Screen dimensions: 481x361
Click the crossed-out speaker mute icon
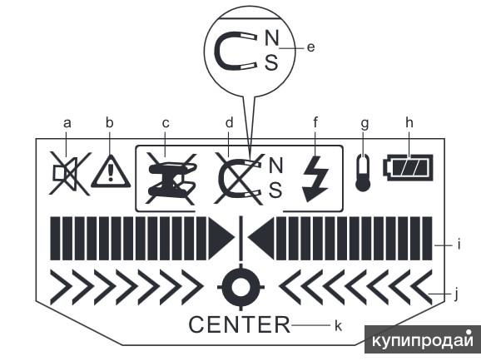click(x=69, y=173)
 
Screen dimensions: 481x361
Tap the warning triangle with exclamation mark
click(x=111, y=171)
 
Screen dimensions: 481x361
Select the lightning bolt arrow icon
click(x=315, y=180)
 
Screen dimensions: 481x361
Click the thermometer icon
click(x=363, y=173)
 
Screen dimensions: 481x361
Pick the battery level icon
click(x=408, y=168)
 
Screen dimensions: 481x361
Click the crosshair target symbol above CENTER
click(x=240, y=287)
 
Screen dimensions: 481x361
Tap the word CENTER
click(x=240, y=324)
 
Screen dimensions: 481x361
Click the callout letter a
click(x=67, y=124)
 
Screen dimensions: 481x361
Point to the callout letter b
click(x=110, y=122)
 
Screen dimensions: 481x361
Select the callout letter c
click(x=166, y=124)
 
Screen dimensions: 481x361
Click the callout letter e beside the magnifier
click(x=310, y=47)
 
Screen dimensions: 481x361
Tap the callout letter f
click(x=315, y=122)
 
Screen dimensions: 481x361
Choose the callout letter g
click(x=364, y=125)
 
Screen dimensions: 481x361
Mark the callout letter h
click(x=409, y=122)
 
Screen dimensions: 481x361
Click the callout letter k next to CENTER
click(x=338, y=325)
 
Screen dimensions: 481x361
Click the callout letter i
click(x=459, y=245)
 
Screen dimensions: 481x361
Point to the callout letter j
click(x=456, y=294)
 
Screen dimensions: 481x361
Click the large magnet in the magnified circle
click(x=236, y=51)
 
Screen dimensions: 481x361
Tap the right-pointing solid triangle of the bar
click(x=221, y=239)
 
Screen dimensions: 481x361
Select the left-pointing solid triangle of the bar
click(x=260, y=239)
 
